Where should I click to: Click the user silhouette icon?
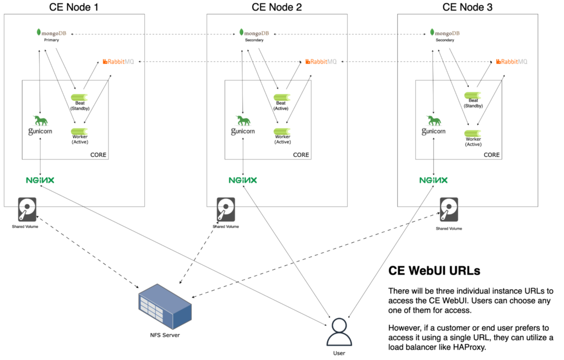(339, 332)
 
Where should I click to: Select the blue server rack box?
(165, 307)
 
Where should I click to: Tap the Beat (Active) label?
(281, 106)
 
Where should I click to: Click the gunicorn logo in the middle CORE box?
(243, 126)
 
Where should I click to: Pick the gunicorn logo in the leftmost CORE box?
(40, 126)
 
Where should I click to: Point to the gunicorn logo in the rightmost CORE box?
(433, 126)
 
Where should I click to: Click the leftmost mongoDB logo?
(51, 32)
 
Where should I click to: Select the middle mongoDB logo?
(254, 32)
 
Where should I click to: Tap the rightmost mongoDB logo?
(444, 32)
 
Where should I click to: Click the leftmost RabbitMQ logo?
(118, 62)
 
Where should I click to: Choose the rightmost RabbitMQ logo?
(512, 62)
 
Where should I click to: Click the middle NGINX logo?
(243, 180)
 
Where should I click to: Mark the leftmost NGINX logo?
(40, 180)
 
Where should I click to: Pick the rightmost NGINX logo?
(433, 180)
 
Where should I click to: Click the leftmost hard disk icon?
(27, 210)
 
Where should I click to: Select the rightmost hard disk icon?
(449, 210)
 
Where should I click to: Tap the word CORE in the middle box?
(301, 155)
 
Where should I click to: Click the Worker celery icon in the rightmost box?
(473, 133)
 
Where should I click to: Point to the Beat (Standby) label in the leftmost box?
(80, 106)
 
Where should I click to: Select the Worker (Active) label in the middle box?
(283, 139)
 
